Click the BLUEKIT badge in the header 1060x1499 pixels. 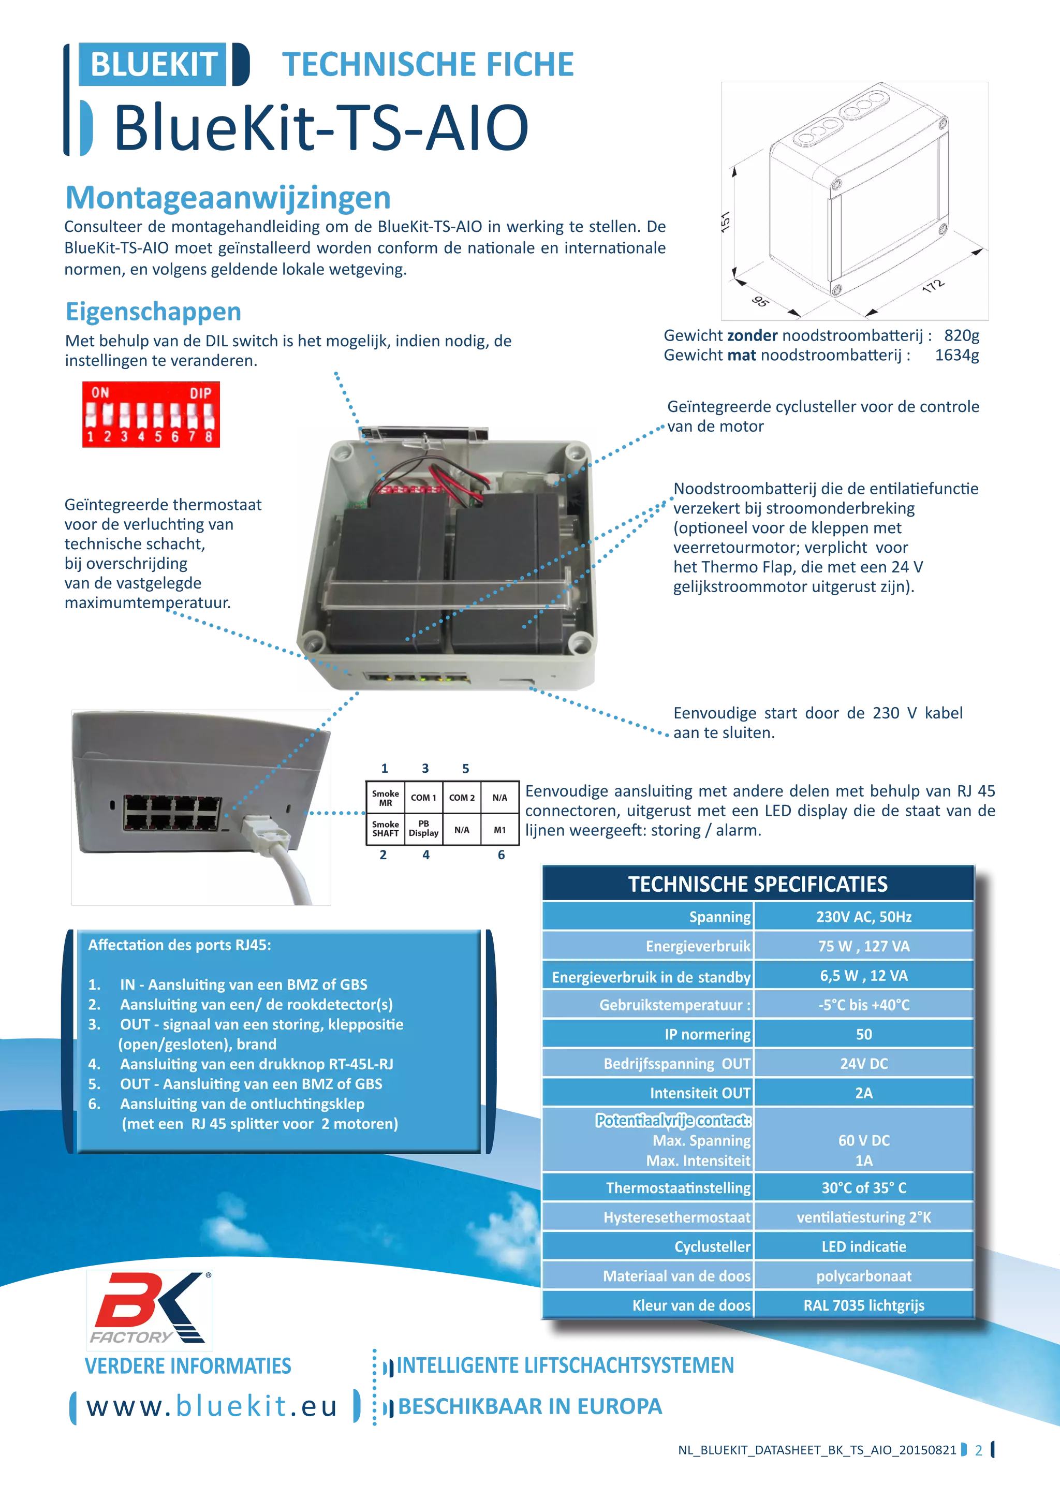click(153, 64)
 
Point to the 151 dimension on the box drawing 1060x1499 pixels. click(725, 222)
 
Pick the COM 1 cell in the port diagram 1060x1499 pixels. click(423, 798)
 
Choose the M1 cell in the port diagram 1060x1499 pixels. click(499, 830)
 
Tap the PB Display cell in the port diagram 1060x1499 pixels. click(423, 829)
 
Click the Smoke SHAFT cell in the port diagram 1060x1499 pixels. click(385, 829)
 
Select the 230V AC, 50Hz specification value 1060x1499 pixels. click(863, 917)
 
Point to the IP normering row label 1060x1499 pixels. click(708, 1034)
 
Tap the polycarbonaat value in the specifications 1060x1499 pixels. click(863, 1276)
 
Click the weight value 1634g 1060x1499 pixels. click(957, 355)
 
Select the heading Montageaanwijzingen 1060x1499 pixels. click(228, 198)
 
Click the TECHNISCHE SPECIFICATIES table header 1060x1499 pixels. click(757, 884)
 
